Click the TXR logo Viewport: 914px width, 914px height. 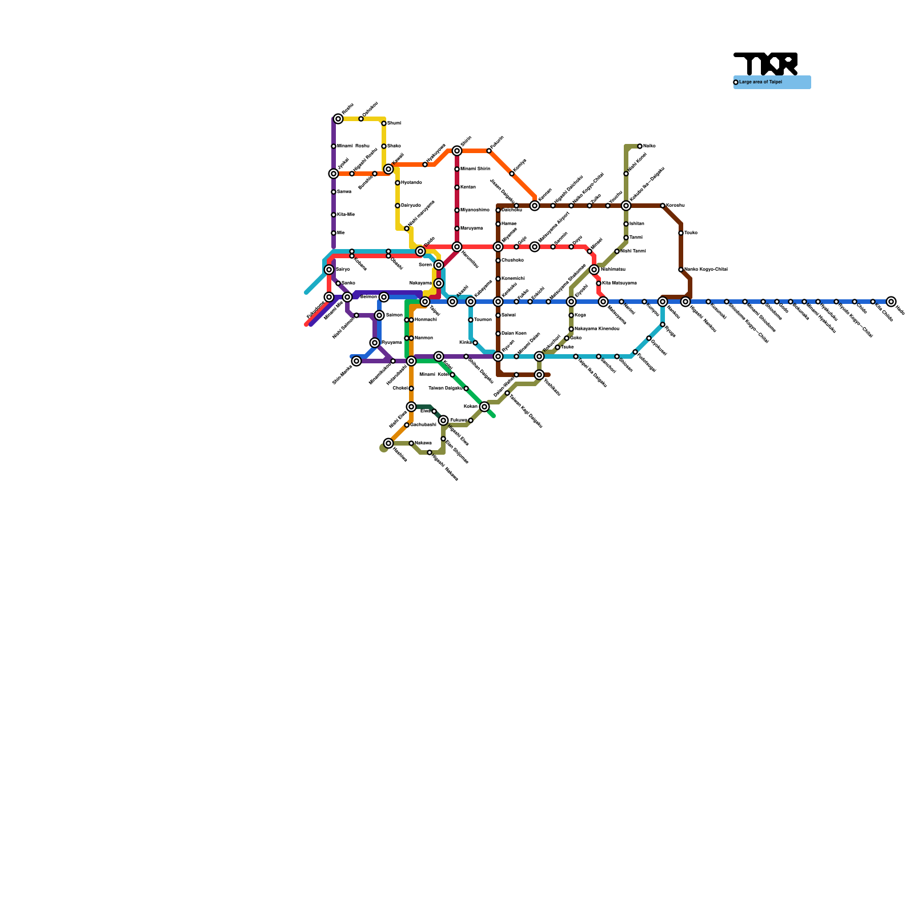765,64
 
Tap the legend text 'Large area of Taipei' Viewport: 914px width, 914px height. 760,82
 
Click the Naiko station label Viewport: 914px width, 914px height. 649,146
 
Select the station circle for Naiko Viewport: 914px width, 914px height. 640,146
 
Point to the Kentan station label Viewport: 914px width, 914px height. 468,187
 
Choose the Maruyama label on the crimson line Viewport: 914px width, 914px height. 471,228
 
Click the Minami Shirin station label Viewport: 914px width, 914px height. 475,169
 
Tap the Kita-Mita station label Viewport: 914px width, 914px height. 346,215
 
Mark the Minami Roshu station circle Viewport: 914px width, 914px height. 334,146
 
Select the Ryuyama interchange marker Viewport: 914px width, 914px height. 375,343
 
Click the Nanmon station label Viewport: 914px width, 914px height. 423,338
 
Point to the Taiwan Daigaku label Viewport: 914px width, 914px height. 446,388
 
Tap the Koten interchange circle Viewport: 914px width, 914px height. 439,356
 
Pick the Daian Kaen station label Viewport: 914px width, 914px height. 514,334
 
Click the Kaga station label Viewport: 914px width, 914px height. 580,315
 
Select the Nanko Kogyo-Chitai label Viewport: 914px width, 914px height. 706,270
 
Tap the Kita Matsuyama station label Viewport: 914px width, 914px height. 619,283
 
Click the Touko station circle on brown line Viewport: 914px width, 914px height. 681,233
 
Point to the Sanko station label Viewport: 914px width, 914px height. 348,283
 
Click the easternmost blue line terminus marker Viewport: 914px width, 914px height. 891,302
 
